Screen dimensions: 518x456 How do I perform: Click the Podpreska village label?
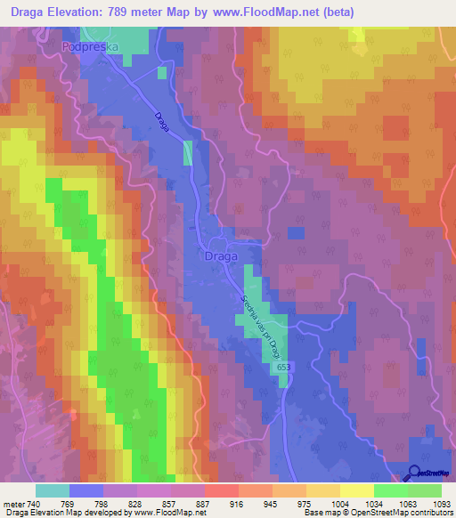(x=90, y=45)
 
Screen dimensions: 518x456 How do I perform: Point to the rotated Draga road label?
(x=161, y=121)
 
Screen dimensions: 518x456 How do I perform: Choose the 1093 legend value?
(x=439, y=503)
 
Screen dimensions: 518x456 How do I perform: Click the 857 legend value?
(x=168, y=503)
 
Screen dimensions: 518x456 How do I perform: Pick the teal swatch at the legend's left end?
(x=53, y=490)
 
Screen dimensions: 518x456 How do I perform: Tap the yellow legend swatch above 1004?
(x=356, y=490)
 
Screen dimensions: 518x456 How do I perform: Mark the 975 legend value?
(x=304, y=503)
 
